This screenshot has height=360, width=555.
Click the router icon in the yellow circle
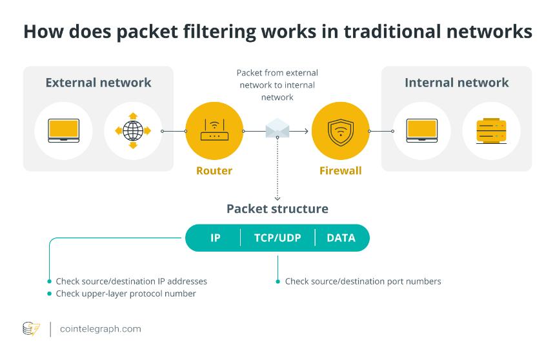tap(214, 130)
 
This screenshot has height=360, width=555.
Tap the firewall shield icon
tap(341, 131)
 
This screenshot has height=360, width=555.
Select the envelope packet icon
tap(277, 128)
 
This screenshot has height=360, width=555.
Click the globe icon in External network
tap(133, 130)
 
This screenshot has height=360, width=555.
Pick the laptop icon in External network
tap(64, 130)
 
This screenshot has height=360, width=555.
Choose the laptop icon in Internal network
tap(422, 130)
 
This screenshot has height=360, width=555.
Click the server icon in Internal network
tap(491, 130)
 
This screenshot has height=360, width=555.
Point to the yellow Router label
tap(214, 170)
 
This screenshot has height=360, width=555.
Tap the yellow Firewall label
tap(341, 170)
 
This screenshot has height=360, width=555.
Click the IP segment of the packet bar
tap(215, 238)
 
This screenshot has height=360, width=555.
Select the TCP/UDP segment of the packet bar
tap(277, 238)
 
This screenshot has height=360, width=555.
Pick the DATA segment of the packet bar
tap(341, 238)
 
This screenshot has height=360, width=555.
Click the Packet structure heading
tap(277, 209)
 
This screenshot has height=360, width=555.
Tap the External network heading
tap(98, 83)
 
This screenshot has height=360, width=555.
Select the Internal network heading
tap(457, 83)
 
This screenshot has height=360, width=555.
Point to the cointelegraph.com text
tap(101, 329)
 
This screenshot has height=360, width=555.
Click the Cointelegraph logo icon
tap(31, 329)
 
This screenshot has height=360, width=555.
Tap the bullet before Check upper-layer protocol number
tap(50, 294)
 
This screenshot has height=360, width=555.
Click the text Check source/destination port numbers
tap(363, 281)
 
